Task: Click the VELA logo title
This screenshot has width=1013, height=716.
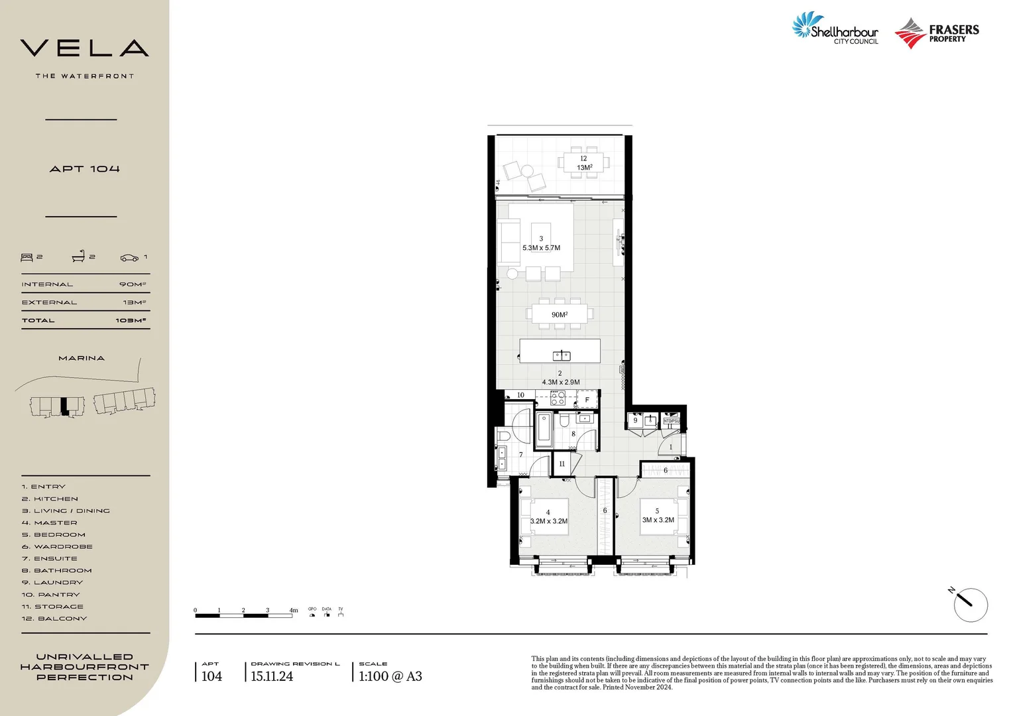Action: (x=84, y=48)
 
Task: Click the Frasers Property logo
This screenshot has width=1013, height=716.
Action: (x=937, y=33)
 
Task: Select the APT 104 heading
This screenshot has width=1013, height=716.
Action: (x=84, y=169)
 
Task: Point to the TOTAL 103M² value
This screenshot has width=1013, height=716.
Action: (x=131, y=321)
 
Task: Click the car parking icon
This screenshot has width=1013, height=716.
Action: (x=129, y=257)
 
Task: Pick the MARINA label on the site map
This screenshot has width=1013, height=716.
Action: (x=82, y=358)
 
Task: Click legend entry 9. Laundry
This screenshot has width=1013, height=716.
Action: (x=52, y=583)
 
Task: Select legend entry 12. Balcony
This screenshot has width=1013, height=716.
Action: (x=54, y=619)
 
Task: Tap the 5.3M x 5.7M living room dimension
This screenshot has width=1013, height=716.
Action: (x=541, y=248)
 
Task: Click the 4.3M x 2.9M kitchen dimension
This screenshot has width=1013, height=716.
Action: (x=560, y=382)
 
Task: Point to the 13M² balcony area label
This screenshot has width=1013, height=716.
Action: (x=584, y=168)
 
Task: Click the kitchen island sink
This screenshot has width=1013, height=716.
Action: (x=562, y=355)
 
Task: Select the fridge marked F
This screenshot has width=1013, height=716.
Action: (x=587, y=400)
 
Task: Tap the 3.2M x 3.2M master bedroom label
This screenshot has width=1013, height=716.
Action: (x=548, y=521)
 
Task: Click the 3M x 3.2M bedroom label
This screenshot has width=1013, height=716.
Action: (x=658, y=520)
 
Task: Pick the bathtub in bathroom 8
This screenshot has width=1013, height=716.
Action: (x=544, y=429)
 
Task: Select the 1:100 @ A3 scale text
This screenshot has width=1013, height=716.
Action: (x=390, y=676)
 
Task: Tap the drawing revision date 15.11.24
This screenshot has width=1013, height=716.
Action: (x=272, y=676)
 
